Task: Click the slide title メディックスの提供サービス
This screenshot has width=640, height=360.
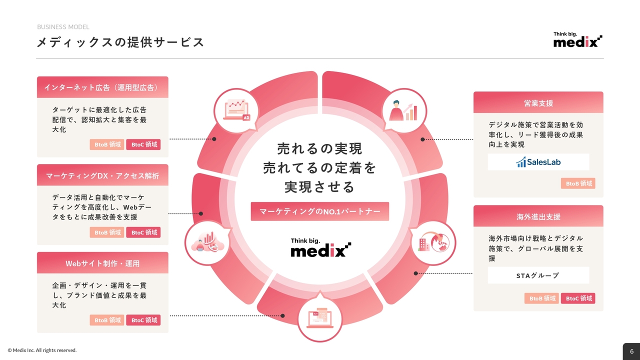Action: (x=120, y=42)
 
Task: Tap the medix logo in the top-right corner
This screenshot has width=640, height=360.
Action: (x=577, y=40)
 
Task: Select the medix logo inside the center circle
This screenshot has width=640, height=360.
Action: (x=320, y=247)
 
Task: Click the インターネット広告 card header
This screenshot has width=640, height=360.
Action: (x=102, y=87)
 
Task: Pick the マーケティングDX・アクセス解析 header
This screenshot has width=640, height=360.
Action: (x=102, y=175)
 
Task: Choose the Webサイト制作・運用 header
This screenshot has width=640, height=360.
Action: (x=102, y=263)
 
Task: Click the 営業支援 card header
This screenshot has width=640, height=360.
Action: (x=538, y=103)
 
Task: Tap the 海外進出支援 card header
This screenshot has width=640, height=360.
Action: (x=538, y=216)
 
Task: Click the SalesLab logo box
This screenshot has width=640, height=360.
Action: (x=538, y=162)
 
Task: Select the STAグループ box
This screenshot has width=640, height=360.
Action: (x=538, y=275)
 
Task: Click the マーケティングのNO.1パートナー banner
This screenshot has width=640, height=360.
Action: (x=320, y=211)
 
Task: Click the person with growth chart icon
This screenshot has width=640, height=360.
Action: (x=403, y=110)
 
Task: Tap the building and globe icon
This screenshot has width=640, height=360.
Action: (x=433, y=242)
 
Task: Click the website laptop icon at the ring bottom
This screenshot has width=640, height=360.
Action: (x=320, y=318)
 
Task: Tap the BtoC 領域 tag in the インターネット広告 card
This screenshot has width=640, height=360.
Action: (x=143, y=144)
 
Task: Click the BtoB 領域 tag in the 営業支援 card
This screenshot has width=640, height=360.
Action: (x=578, y=183)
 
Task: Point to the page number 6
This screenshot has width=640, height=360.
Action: (x=631, y=351)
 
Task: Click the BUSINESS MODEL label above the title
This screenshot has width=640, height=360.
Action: (x=63, y=27)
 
